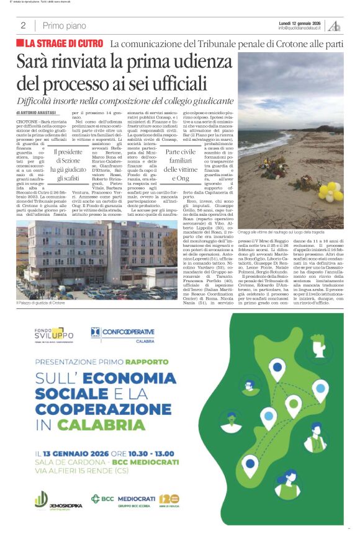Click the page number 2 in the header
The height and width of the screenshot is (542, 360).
[x=23, y=25]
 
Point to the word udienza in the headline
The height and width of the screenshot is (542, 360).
[x=199, y=63]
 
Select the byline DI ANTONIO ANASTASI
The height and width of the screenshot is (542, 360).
[x=43, y=113]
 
